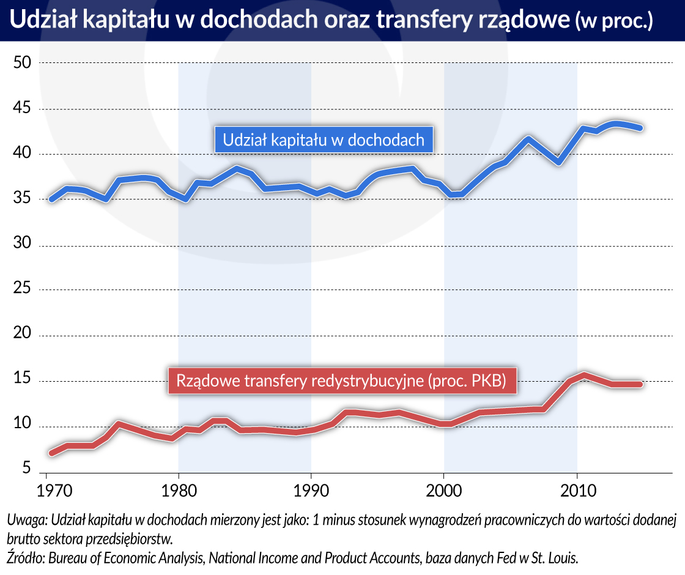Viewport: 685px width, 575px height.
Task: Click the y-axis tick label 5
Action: pos(27,469)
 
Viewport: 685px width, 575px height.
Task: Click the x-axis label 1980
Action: pos(178,491)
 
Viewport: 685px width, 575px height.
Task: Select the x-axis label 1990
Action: pos(311,491)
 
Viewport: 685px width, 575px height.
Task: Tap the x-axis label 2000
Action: pos(444,491)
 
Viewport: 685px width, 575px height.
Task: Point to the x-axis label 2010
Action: pos(577,491)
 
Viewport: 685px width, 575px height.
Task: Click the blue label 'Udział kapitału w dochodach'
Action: pos(324,139)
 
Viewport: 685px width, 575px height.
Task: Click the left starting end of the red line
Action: pos(51,453)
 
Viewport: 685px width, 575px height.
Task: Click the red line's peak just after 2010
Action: pos(585,374)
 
